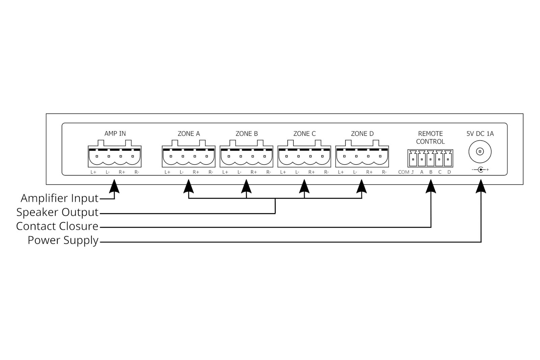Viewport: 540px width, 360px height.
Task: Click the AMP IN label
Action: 115,134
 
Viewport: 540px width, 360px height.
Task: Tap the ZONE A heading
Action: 189,134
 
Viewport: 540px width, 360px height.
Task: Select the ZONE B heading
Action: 246,134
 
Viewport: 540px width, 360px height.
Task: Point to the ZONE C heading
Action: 304,134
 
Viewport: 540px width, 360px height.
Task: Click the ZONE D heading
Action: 362,134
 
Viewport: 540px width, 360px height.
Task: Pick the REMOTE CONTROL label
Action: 430,137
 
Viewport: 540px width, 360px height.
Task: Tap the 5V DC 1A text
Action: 480,134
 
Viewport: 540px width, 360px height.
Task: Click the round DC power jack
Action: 480,152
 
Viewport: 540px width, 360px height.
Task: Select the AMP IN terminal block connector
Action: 115,156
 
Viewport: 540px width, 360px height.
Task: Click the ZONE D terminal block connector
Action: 362,156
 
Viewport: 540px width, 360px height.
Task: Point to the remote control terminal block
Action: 430,158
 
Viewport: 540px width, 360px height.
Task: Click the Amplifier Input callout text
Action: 59,198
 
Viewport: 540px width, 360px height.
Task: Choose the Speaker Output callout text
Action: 57,212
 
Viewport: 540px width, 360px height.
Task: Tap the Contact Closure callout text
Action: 57,226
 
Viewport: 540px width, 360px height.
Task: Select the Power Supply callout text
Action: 63,240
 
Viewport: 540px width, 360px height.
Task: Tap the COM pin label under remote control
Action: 404,172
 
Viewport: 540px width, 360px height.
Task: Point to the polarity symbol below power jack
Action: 480,170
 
